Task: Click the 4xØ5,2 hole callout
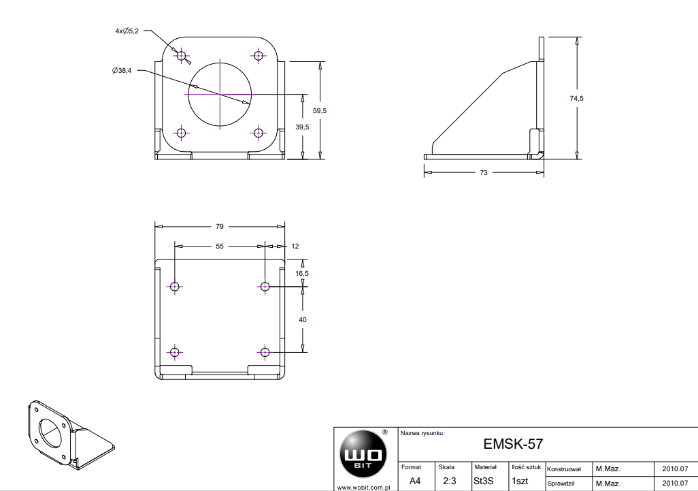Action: [x=127, y=31]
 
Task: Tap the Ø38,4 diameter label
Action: [x=122, y=70]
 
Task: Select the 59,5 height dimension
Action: [x=320, y=110]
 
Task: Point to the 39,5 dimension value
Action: [x=302, y=127]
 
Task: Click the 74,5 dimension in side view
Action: [x=576, y=99]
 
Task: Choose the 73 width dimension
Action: [x=484, y=173]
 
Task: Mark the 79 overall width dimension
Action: [x=220, y=226]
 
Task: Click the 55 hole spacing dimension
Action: [x=220, y=247]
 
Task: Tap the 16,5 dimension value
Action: [x=302, y=274]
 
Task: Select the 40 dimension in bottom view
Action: [x=303, y=320]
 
